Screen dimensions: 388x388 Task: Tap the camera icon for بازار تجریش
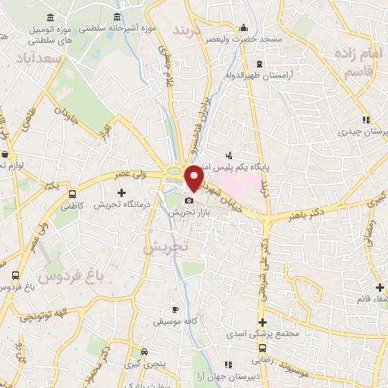click(x=189, y=201)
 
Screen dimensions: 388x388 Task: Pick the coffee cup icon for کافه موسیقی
click(x=175, y=309)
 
